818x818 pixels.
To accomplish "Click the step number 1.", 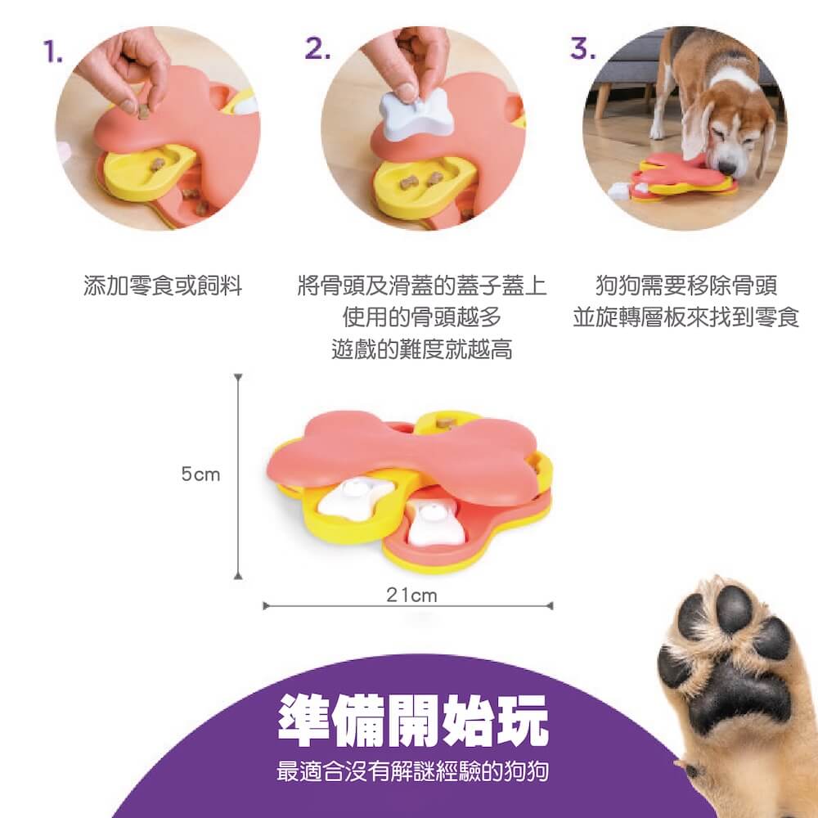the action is pyautogui.click(x=52, y=52).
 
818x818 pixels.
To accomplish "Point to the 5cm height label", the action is pyautogui.click(x=201, y=474).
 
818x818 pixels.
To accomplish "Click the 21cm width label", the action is pyautogui.click(x=411, y=596).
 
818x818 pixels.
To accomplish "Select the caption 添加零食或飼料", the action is pyautogui.click(x=163, y=285).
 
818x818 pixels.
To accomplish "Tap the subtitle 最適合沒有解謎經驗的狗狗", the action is pyautogui.click(x=412, y=771).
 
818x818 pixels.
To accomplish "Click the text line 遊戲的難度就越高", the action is pyautogui.click(x=422, y=349).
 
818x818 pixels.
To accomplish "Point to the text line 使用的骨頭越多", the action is pyautogui.click(x=422, y=317).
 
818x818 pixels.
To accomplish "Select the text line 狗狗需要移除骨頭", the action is pyautogui.click(x=686, y=285).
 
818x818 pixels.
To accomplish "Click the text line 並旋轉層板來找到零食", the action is pyautogui.click(x=686, y=317).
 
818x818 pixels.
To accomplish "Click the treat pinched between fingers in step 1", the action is pyautogui.click(x=143, y=111).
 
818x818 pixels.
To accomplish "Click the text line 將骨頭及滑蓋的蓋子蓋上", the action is pyautogui.click(x=422, y=285).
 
